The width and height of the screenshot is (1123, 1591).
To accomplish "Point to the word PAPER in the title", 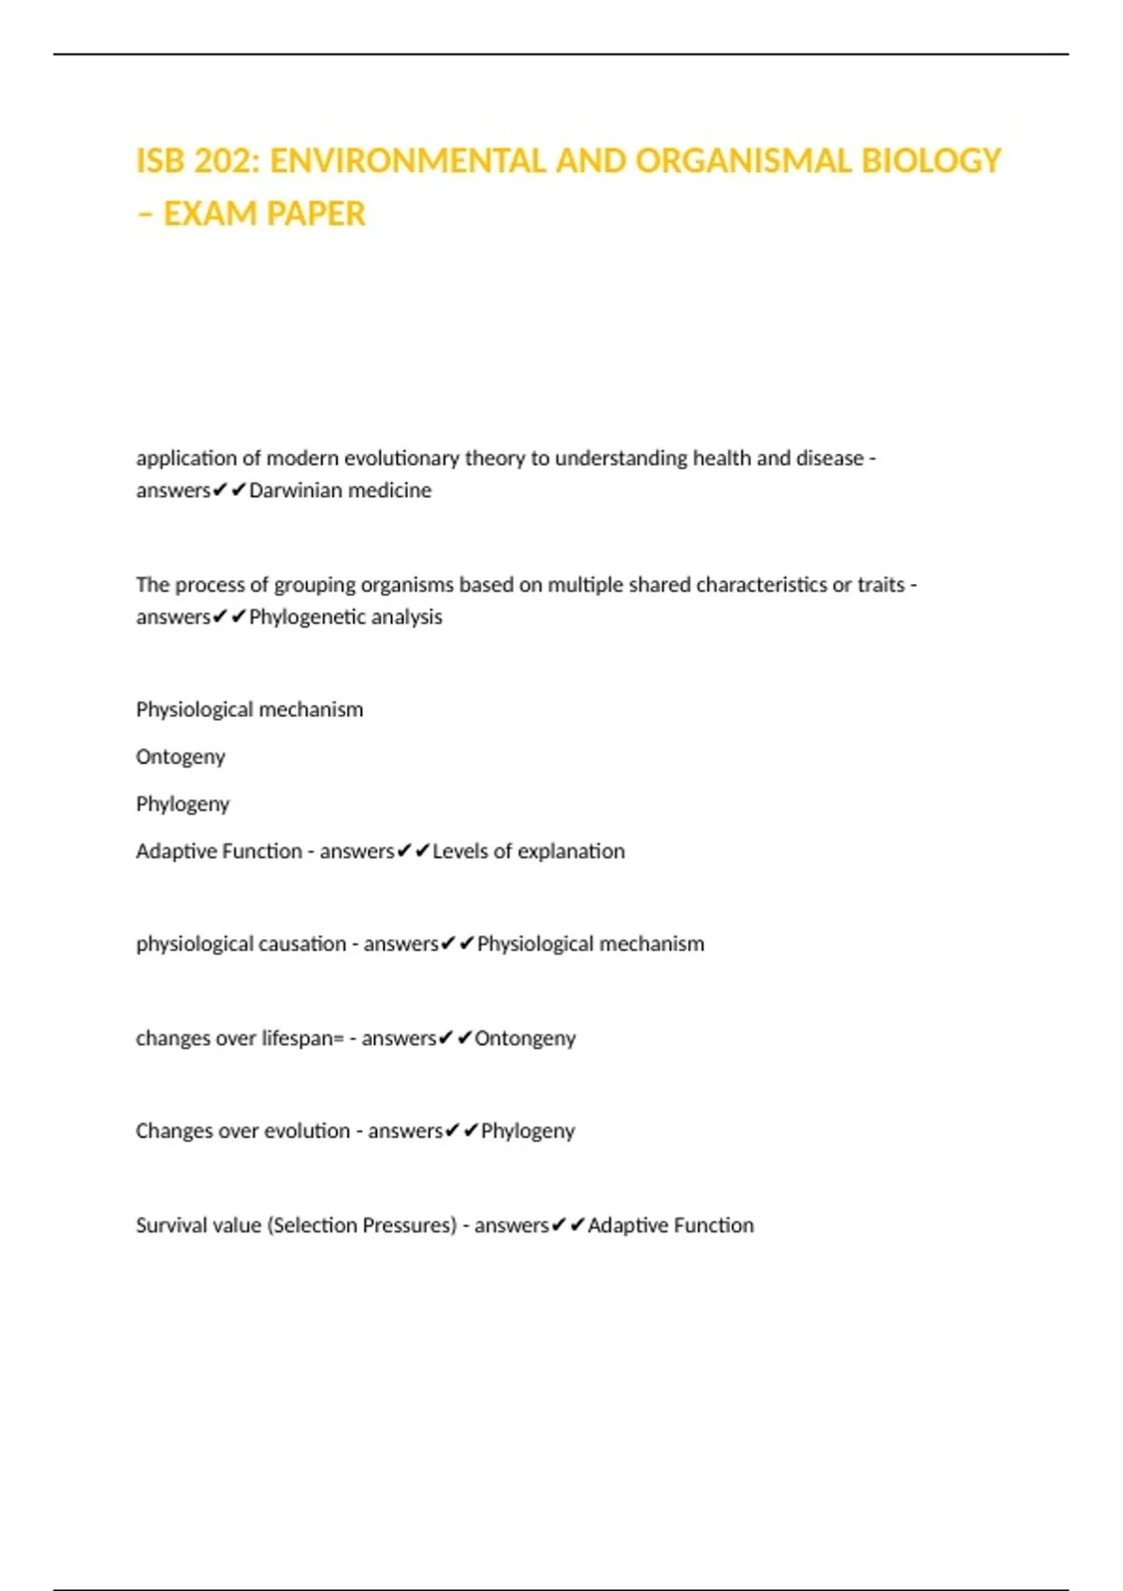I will (x=315, y=214).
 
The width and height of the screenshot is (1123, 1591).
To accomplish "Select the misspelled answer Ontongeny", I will (x=525, y=1038).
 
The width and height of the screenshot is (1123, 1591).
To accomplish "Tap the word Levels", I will (x=459, y=852).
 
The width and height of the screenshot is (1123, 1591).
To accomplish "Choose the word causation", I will (x=301, y=944).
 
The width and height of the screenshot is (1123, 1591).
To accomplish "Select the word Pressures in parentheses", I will (x=409, y=1225).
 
